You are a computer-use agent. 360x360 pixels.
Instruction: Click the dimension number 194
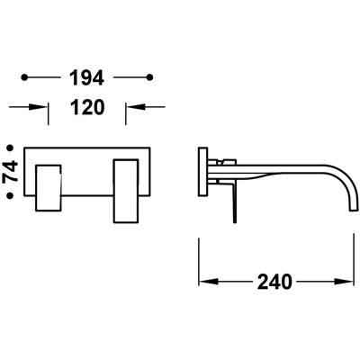86,77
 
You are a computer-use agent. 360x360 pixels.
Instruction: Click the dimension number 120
87,107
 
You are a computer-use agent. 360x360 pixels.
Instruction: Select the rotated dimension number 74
11,172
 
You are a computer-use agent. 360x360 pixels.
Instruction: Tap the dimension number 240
274,282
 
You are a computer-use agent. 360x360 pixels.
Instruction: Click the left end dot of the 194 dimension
24,77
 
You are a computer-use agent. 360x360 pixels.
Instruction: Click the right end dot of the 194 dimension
150,77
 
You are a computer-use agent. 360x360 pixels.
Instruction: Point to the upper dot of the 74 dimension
11,148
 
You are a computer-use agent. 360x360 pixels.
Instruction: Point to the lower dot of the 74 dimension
11,195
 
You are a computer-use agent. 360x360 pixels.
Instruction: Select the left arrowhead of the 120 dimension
39,107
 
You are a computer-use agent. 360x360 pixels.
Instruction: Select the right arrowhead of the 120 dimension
135,106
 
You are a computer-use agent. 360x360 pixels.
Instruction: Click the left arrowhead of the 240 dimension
208,282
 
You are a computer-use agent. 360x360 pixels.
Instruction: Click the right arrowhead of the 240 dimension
345,282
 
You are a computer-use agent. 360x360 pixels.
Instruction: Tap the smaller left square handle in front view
49,188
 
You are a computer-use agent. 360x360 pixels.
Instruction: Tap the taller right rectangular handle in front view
126,191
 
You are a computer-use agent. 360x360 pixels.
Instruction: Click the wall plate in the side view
203,172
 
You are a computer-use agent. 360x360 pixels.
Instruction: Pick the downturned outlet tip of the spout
354,210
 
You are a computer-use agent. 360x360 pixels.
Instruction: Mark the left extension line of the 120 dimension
49,114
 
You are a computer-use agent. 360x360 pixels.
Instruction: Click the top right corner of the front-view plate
150,148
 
